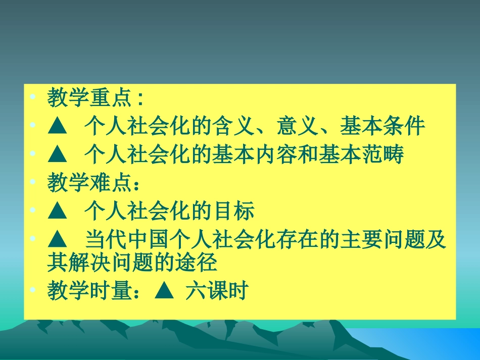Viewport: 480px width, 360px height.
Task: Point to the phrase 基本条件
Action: tap(382, 126)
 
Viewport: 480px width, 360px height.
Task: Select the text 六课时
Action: tap(216, 291)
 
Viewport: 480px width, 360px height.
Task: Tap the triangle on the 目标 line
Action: tap(58, 213)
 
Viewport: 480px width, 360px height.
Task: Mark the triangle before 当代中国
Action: tap(58, 241)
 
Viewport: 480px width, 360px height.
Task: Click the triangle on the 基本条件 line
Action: tap(58, 127)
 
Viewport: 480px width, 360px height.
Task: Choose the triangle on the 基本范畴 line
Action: tap(58, 156)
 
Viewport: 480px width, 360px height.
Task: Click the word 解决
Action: tap(100, 263)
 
